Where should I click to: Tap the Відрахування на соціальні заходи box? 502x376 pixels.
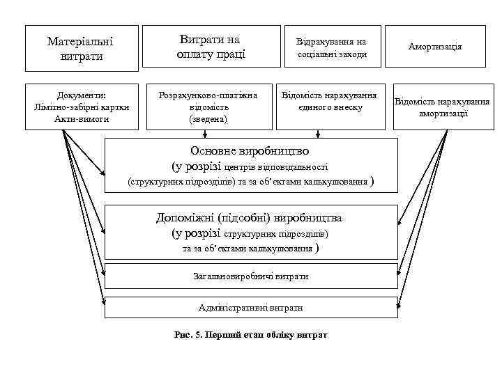[x=332, y=47]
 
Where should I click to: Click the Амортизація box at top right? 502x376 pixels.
[x=436, y=46]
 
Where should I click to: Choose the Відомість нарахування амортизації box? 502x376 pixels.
[x=443, y=107]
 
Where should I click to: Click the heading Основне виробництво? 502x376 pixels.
[x=250, y=151]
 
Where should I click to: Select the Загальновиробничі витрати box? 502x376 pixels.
[x=250, y=276]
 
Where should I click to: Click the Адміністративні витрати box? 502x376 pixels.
[x=250, y=307]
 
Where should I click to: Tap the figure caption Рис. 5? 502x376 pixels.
[x=187, y=335]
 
